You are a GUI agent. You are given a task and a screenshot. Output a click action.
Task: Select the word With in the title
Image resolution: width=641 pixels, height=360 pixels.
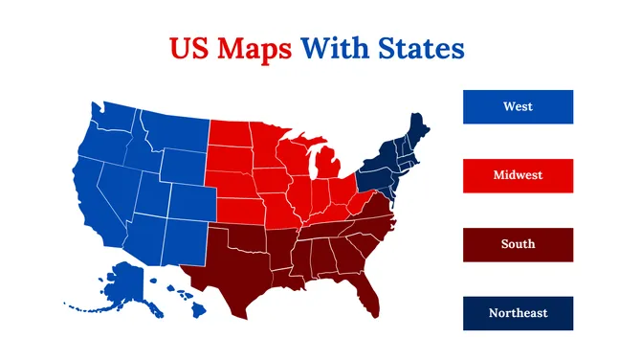(334, 48)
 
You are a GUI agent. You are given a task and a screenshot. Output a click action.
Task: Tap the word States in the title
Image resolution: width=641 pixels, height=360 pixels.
(420, 48)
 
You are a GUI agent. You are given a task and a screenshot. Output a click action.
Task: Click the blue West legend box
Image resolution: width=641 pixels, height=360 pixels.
(518, 107)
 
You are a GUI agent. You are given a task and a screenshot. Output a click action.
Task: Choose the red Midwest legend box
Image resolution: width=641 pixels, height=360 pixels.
(518, 175)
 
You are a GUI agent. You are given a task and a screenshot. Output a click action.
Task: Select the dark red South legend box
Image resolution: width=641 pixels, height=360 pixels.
(518, 244)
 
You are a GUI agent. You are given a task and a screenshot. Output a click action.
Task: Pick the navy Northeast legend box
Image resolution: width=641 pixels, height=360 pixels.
(518, 313)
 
